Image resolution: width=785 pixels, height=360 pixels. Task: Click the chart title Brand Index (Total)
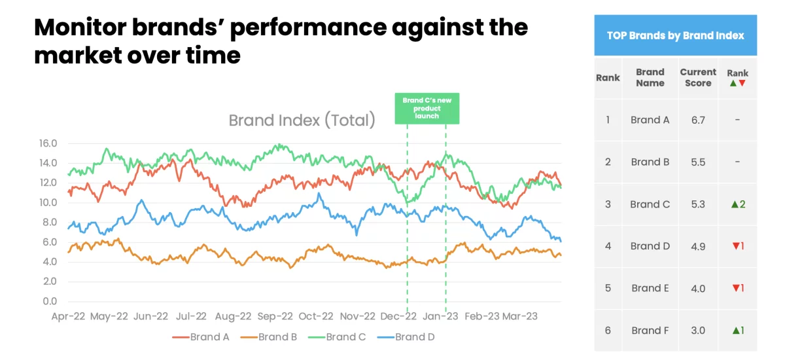tap(302, 120)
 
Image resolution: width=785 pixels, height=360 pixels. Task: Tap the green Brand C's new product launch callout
tap(427, 108)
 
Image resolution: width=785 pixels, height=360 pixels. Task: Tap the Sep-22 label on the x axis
tap(274, 316)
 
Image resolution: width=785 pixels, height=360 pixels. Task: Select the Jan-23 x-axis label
tap(443, 316)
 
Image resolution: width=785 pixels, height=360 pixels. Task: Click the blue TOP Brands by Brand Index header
tap(675, 35)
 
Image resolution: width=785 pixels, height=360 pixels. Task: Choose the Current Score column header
tap(698, 77)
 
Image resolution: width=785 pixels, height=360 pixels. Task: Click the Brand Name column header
tap(650, 77)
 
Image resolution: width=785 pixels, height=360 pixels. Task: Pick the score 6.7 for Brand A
tap(698, 120)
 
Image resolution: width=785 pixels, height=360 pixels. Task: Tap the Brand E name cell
tap(650, 288)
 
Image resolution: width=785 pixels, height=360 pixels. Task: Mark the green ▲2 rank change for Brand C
tap(737, 204)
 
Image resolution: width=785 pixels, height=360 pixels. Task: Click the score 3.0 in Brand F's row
tap(698, 331)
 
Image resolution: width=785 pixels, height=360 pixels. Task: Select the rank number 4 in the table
tap(608, 246)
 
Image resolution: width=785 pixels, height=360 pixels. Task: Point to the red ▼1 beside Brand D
tap(737, 246)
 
